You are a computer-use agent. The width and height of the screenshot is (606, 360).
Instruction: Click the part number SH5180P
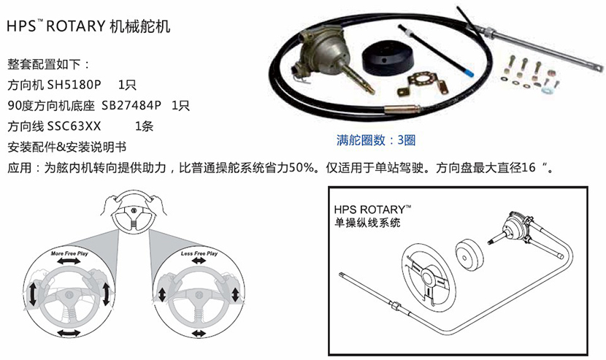[x=74, y=84]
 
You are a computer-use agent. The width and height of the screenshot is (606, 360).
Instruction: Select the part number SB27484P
[x=131, y=105]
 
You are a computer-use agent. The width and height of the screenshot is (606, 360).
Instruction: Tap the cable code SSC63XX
[x=74, y=126]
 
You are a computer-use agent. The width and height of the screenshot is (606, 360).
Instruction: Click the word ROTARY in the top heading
[x=76, y=26]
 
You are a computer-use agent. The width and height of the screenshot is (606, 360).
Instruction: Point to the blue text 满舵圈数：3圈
[x=376, y=139]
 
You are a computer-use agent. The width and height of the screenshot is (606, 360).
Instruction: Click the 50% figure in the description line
[x=301, y=168]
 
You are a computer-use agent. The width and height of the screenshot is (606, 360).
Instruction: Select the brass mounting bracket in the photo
[x=422, y=83]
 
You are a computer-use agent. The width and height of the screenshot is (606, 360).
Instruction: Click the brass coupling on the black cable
[x=402, y=110]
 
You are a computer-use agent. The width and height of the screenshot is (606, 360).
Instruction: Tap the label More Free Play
[x=69, y=253]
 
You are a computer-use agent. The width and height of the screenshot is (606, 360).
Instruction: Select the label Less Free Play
[x=199, y=253]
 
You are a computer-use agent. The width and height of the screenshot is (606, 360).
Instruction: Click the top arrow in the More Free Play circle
[x=69, y=261]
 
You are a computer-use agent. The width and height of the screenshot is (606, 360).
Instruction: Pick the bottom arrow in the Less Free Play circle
[x=199, y=333]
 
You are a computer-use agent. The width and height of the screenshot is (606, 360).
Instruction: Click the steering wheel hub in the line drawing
[x=428, y=277]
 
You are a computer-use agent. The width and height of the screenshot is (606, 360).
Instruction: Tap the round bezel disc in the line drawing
[x=469, y=255]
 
